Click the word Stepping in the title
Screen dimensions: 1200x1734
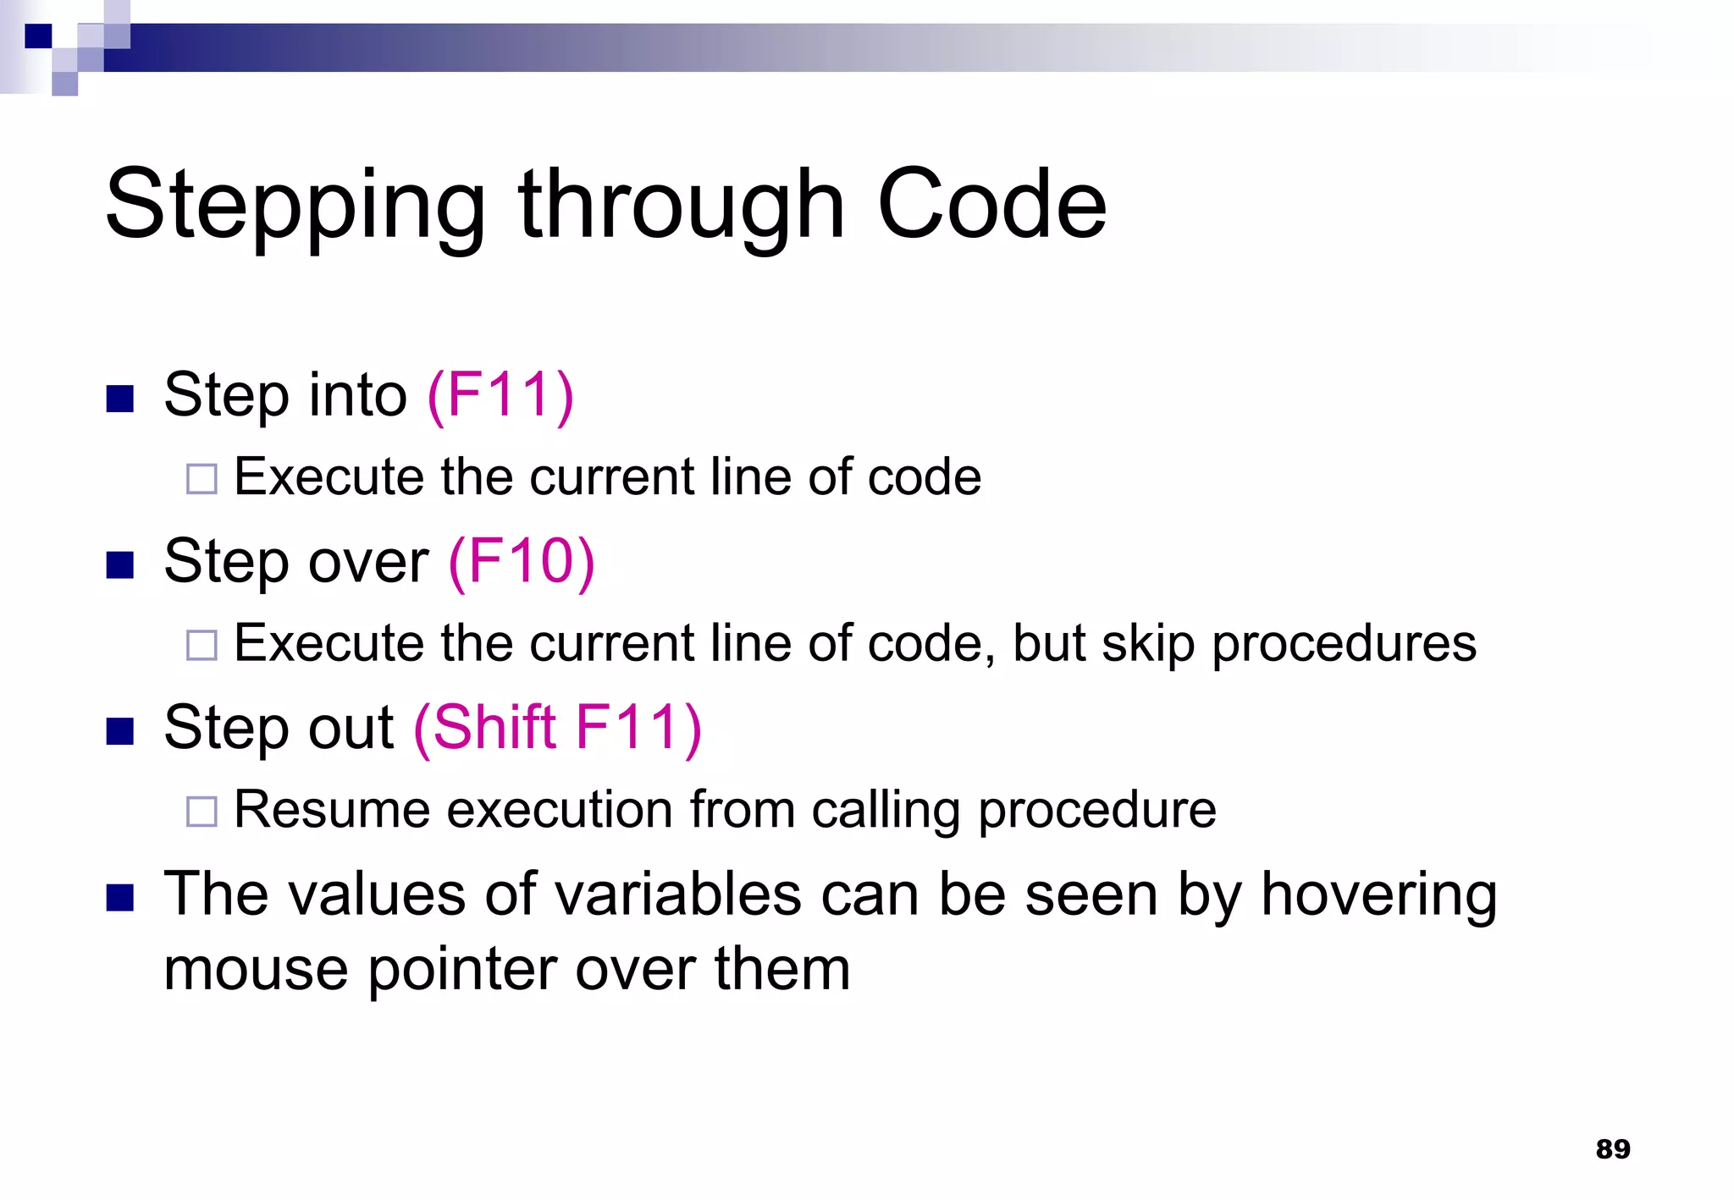tap(295, 205)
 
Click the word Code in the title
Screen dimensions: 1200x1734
tap(991, 205)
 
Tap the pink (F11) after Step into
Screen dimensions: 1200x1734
tap(500, 395)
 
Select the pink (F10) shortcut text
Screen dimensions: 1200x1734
tap(522, 561)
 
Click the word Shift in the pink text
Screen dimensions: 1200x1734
tap(494, 727)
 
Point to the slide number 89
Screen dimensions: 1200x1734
tap(1612, 1148)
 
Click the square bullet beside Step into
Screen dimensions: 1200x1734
tap(120, 399)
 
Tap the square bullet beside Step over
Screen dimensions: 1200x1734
tap(120, 564)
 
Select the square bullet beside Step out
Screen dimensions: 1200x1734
tap(120, 730)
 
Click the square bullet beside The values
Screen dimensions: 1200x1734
tap(120, 897)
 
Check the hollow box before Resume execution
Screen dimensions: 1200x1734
tap(202, 812)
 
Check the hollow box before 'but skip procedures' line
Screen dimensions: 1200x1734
tap(202, 646)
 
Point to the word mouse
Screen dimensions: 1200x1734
tap(256, 969)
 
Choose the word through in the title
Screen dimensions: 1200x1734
tap(682, 205)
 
